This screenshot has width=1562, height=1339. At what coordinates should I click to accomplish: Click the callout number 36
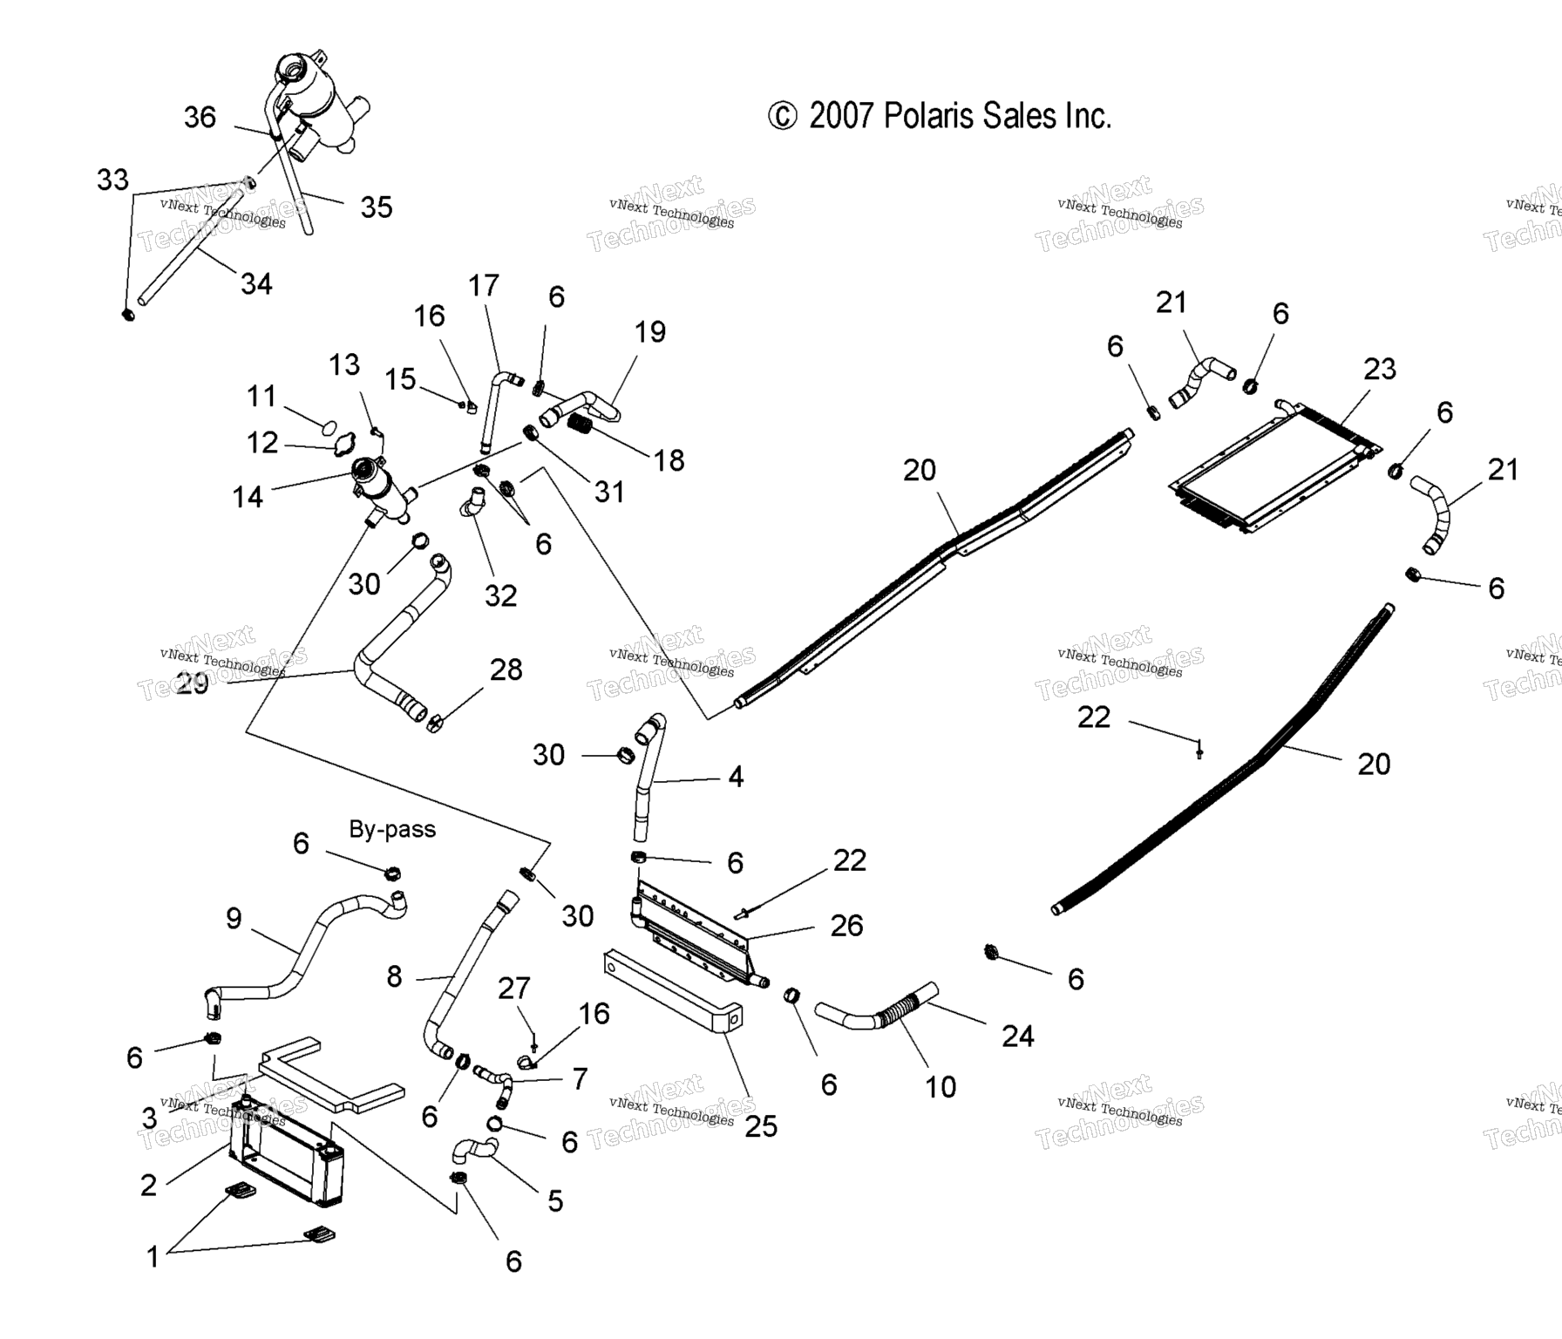click(200, 118)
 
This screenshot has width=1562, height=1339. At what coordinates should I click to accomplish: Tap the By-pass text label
click(392, 829)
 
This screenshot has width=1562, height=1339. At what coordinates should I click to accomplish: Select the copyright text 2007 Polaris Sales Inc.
click(939, 116)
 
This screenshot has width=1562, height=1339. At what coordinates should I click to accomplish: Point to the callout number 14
click(248, 497)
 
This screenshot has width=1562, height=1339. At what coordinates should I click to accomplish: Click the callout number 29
click(193, 683)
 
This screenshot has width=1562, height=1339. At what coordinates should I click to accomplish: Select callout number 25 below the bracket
click(760, 1126)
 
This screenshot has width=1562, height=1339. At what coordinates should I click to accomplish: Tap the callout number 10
click(941, 1086)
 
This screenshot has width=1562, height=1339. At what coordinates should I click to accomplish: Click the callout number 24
click(1017, 1036)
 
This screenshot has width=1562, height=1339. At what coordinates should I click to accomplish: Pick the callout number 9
click(234, 918)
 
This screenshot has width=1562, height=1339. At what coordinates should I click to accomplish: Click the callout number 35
click(377, 207)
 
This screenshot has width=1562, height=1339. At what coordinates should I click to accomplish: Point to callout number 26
click(846, 925)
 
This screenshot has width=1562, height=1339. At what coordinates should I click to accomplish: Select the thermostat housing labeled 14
click(382, 488)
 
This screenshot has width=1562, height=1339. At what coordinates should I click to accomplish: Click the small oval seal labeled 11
click(329, 427)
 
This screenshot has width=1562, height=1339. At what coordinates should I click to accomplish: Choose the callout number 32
click(501, 595)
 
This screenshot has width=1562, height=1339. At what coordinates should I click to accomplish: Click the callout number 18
click(669, 460)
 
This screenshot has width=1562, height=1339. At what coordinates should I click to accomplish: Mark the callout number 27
click(514, 988)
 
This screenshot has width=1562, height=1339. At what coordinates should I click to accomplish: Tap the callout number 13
click(344, 364)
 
